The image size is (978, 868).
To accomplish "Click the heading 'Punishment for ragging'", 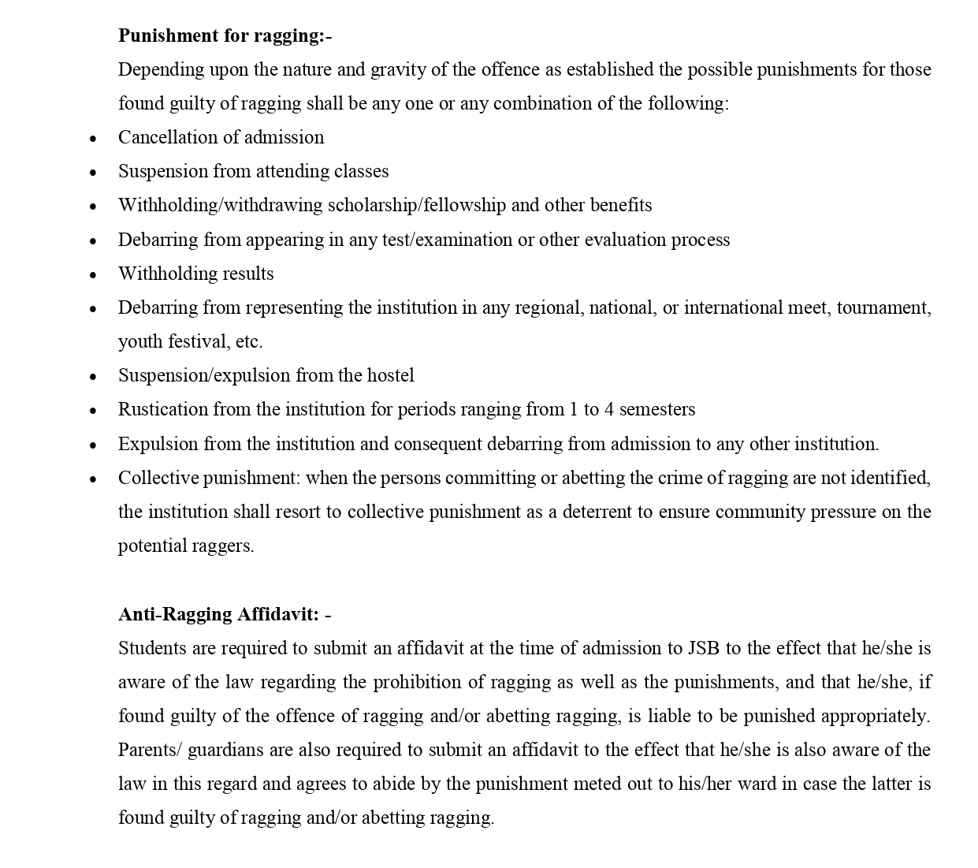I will [225, 35].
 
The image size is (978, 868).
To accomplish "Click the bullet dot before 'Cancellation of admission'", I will [93, 139].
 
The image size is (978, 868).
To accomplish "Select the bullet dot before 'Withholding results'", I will [93, 275].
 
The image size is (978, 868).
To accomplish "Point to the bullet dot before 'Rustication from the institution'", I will [93, 411].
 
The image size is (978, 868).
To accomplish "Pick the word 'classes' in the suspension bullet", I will [362, 171].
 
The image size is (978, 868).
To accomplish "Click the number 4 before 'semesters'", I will [608, 409].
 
